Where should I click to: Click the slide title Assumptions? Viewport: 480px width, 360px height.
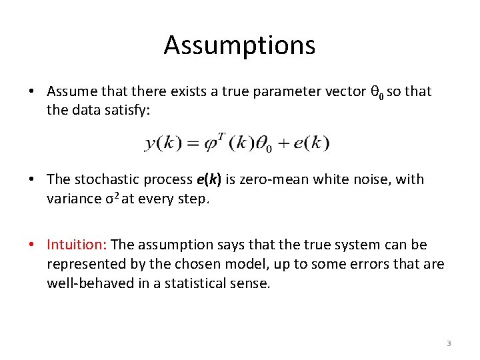coord(239,45)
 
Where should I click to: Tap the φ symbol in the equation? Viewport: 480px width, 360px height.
coord(209,143)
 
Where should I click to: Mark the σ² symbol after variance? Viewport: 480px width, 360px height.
coord(112,198)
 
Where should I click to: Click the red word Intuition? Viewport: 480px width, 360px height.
coord(77,245)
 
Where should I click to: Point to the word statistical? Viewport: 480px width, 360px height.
coord(199,283)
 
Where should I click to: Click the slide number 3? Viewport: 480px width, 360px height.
coord(449,343)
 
